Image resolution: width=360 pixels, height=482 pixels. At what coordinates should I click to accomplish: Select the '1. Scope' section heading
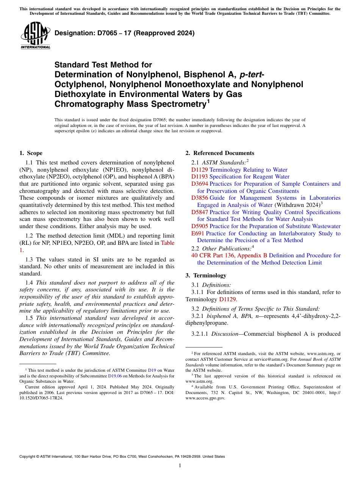[31, 153]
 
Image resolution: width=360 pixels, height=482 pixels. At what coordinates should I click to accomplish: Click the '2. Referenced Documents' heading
[220, 153]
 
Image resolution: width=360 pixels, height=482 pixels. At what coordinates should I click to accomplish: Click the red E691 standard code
[198, 233]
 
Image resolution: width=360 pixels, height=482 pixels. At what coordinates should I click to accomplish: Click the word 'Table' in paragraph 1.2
[167, 243]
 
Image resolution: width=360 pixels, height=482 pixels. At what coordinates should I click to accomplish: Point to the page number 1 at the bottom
[180, 466]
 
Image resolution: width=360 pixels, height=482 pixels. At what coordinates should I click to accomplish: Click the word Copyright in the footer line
[29, 457]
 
